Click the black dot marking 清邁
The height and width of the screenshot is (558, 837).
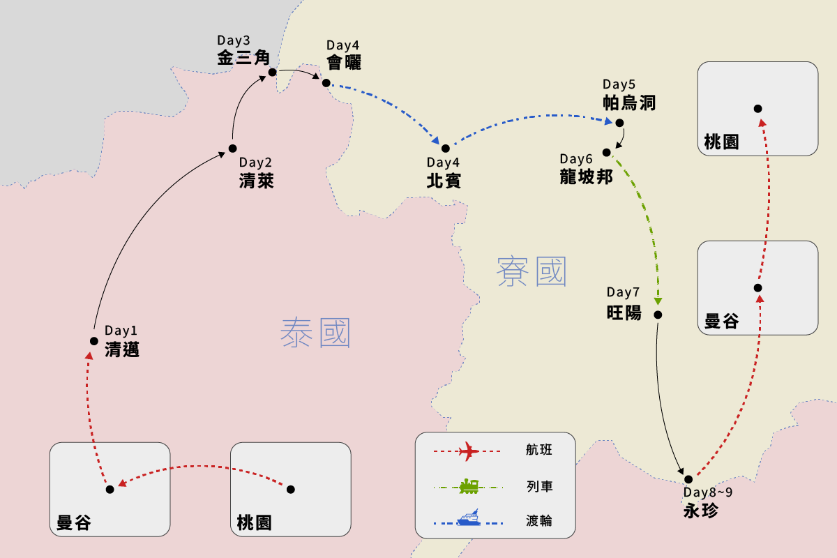point(93,341)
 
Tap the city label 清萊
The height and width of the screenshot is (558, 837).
point(256,182)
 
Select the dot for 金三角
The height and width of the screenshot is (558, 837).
point(272,72)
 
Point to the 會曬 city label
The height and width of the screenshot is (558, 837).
point(344,62)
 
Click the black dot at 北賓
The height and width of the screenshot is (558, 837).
point(445,148)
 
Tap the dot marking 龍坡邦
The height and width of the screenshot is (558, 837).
point(607,152)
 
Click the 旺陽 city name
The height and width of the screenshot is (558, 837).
point(624,312)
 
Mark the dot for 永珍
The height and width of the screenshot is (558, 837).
point(688,478)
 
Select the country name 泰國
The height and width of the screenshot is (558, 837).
point(315,333)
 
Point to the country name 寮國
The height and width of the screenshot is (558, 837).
point(531,271)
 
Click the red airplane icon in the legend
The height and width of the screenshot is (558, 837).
point(468,452)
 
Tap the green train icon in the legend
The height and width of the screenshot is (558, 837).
point(468,486)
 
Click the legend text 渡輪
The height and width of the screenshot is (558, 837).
point(539,520)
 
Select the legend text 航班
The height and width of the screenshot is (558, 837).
point(539,451)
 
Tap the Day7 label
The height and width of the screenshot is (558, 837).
point(623,292)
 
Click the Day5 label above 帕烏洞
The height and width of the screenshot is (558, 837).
point(619,85)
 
